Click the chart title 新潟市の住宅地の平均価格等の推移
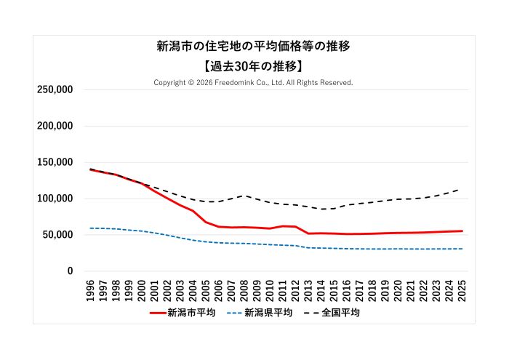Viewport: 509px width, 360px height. tap(254, 47)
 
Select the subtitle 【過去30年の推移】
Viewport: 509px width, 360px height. tap(254, 65)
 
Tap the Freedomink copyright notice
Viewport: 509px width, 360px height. tap(254, 83)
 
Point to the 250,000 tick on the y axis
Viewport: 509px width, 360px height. tap(55, 89)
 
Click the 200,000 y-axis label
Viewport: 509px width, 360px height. tap(55, 126)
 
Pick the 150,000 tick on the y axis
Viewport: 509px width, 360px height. tap(55, 162)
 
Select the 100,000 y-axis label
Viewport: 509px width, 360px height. tap(55, 199)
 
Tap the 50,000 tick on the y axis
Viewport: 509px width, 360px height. tap(58, 235)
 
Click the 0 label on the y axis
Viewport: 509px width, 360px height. tap(70, 271)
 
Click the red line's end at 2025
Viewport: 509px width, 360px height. tap(462, 231)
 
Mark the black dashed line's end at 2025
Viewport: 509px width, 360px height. tap(462, 188)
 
